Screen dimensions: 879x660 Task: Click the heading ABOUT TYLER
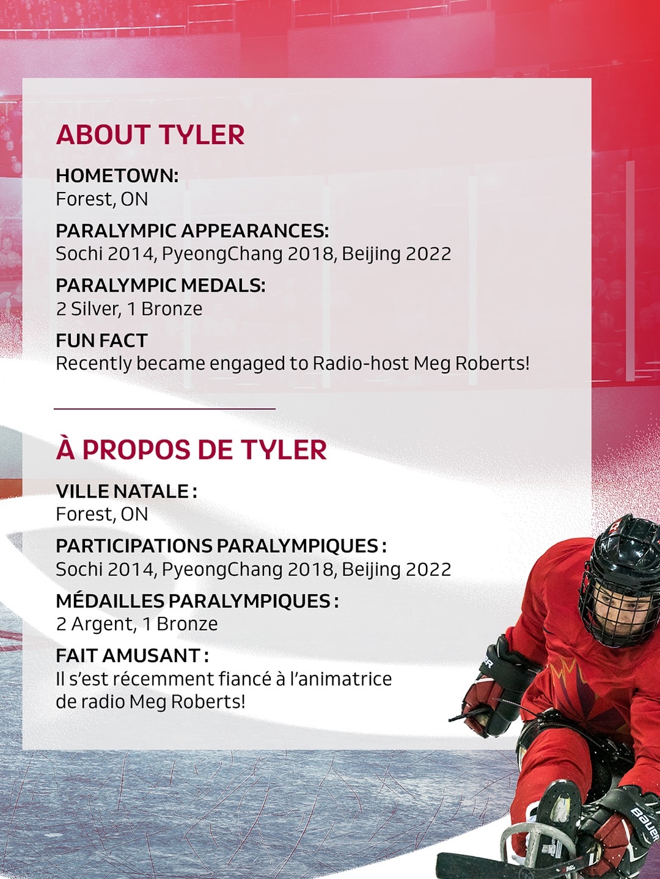click(150, 135)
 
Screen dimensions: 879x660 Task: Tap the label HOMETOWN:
click(117, 176)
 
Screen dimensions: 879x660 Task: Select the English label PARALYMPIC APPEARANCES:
click(192, 231)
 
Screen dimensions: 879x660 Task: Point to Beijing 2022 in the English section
click(396, 254)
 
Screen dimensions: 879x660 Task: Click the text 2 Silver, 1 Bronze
click(129, 309)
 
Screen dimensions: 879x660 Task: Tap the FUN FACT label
click(101, 340)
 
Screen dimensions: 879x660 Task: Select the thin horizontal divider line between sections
click(164, 408)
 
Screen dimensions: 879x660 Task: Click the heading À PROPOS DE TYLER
click(191, 450)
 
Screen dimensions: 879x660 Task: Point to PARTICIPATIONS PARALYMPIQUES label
click(221, 546)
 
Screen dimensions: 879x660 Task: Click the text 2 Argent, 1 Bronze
click(137, 624)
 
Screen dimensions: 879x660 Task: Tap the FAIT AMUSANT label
click(131, 656)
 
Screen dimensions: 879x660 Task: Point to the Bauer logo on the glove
click(644, 823)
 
